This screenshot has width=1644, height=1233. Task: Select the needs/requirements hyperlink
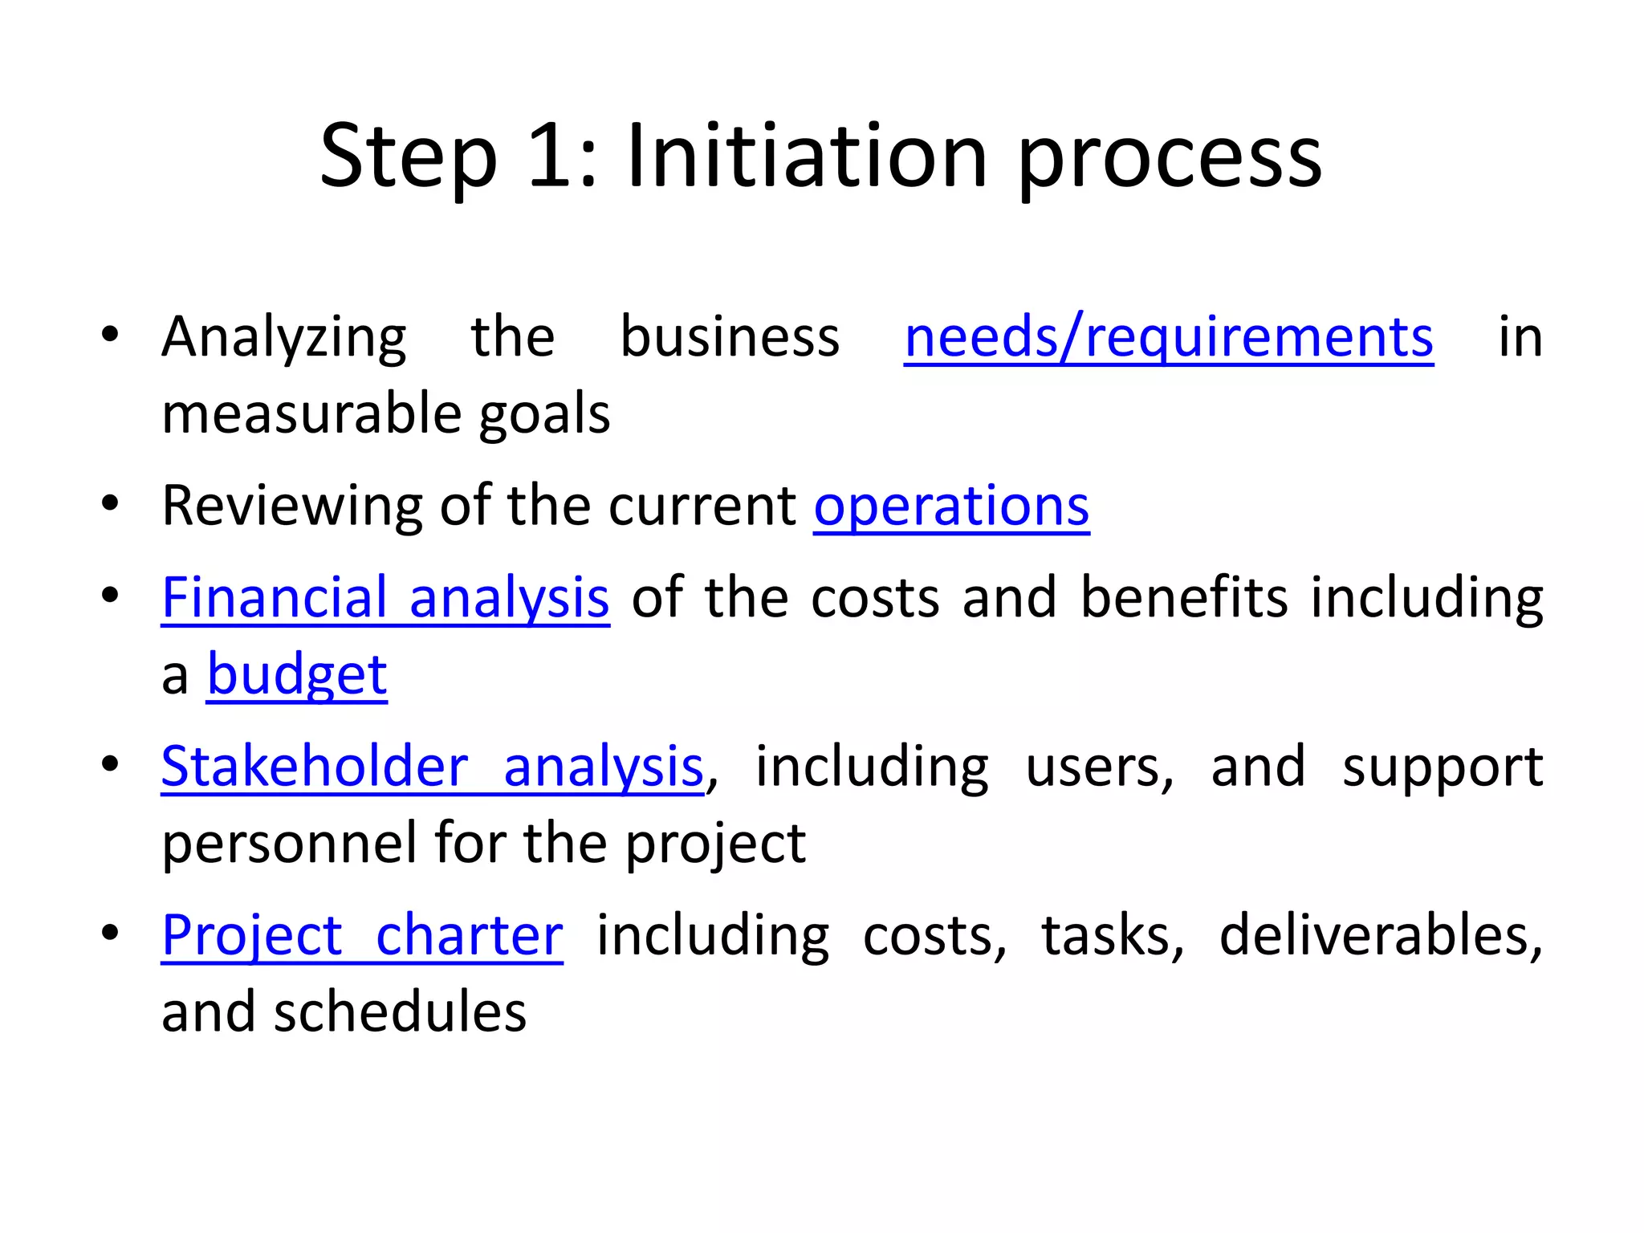click(x=1168, y=337)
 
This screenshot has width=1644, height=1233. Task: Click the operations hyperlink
click(x=951, y=507)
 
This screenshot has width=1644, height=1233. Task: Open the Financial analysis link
click(x=385, y=598)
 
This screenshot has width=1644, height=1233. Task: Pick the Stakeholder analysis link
click(x=432, y=767)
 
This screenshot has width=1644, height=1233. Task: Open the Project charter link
click(x=362, y=936)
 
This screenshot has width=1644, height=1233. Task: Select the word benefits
click(x=1184, y=598)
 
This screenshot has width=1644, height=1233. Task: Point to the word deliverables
click(x=1380, y=936)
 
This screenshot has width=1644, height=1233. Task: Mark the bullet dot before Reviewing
click(x=111, y=504)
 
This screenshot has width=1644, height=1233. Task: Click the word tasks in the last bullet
click(x=1112, y=936)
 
